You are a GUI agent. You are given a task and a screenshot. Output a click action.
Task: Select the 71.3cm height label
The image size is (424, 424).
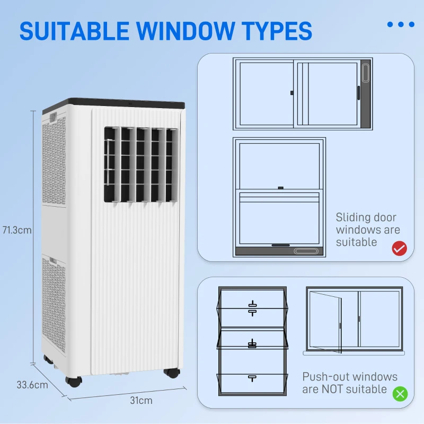click(x=17, y=230)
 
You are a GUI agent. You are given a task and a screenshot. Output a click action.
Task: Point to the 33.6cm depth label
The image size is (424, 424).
click(x=32, y=385)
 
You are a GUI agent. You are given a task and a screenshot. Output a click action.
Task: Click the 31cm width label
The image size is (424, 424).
click(x=142, y=400)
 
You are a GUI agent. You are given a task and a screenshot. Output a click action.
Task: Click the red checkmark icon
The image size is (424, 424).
click(x=399, y=248)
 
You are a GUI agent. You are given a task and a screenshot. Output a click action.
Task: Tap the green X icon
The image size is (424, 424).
click(x=400, y=394)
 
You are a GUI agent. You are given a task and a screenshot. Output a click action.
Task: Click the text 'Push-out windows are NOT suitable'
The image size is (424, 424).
click(x=349, y=383)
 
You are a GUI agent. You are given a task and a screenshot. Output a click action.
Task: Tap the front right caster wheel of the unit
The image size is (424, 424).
click(x=171, y=372)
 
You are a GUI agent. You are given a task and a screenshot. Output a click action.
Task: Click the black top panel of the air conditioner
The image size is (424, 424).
click(x=127, y=103)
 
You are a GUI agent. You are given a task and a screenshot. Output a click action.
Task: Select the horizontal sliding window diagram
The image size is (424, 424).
click(x=303, y=94)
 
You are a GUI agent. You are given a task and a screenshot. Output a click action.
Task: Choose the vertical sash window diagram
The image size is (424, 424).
click(x=279, y=198)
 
